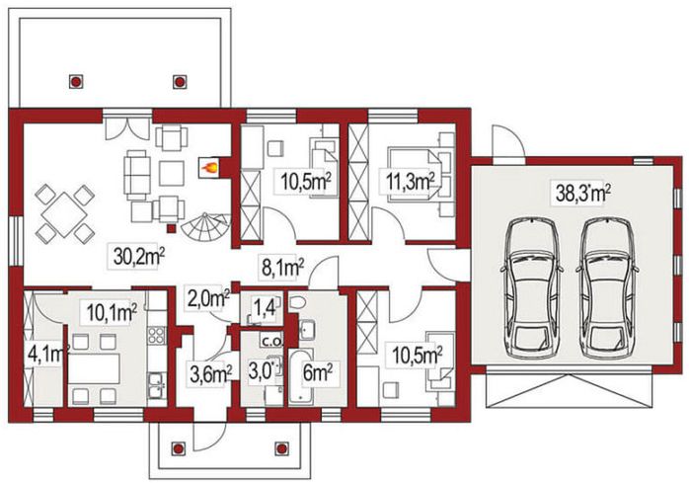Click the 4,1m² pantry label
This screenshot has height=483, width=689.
coord(48,354)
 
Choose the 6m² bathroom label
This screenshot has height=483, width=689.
coord(317,374)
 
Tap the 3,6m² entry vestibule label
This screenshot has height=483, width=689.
coord(210,374)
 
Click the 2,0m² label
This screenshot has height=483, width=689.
coord(208,299)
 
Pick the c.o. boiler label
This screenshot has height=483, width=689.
coord(272,340)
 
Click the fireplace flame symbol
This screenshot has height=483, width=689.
coord(209,167)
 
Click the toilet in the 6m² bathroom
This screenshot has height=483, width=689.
coord(298,302)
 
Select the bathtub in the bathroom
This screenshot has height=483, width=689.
coord(300,377)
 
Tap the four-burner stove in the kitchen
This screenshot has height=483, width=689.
coord(156,335)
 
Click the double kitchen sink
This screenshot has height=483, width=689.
coord(157,385)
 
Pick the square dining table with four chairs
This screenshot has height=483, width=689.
coord(64,214)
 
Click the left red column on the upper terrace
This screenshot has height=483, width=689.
coord(76,82)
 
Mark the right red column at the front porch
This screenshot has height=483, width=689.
coord(281,448)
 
